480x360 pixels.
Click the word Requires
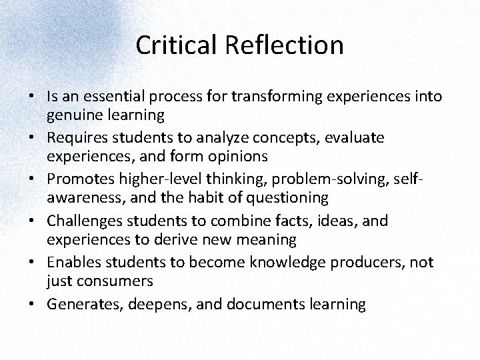point(75,137)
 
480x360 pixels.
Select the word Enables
point(73,261)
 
